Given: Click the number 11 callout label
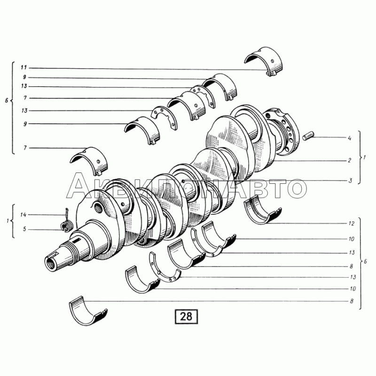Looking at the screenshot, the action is tap(23, 68).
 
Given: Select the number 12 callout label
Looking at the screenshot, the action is tap(351, 224).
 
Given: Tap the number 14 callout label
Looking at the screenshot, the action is tap(23, 215).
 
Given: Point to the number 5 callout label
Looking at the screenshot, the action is tap(24, 229).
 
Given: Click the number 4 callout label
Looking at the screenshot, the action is tap(350, 138).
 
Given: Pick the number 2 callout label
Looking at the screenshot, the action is tap(350, 160).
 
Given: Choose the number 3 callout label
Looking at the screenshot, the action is tap(350, 180).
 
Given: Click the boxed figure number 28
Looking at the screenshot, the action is tap(186, 316).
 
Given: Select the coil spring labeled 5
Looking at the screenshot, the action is tap(65, 226).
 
